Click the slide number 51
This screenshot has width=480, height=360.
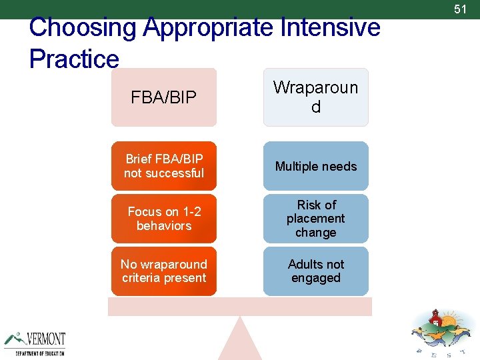click(460, 9)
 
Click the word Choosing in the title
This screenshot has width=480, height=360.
click(83, 28)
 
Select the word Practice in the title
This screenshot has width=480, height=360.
click(74, 59)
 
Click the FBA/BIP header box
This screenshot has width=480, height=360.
click(164, 97)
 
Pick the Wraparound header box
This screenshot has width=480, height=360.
click(315, 97)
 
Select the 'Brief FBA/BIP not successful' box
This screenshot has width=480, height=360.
click(164, 166)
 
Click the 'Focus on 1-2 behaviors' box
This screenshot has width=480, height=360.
click(164, 219)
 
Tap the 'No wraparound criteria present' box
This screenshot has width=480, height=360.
click(164, 271)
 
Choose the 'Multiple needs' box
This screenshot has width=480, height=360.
click(315, 166)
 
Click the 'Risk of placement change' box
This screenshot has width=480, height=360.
click(315, 219)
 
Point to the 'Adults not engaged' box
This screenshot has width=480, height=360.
click(315, 271)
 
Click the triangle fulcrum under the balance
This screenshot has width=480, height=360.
click(240, 341)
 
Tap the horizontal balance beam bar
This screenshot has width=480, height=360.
click(240, 307)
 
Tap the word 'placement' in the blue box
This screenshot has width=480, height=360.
click(315, 219)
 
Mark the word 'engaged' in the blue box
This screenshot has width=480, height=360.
click(315, 278)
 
